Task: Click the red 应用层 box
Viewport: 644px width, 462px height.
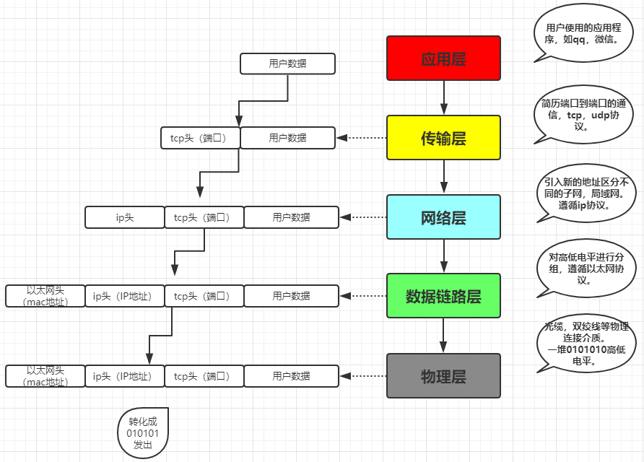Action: coord(443,58)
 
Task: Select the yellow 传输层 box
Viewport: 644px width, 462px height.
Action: coord(443,137)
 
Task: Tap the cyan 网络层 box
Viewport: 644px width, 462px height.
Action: coord(443,217)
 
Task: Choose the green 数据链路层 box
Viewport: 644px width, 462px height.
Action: coord(443,296)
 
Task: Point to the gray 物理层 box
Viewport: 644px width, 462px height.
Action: coord(443,375)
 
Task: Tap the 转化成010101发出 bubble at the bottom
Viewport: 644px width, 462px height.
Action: coord(143,432)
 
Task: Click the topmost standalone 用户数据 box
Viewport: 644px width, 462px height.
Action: coord(287,64)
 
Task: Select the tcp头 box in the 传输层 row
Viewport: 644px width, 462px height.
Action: coord(200,137)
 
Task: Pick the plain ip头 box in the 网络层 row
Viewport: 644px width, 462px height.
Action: coord(125,217)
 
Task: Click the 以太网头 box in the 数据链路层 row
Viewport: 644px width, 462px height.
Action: coord(45,296)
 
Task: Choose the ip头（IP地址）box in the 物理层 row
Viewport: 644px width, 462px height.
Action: coord(125,375)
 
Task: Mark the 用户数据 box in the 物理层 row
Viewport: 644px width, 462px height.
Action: coord(291,375)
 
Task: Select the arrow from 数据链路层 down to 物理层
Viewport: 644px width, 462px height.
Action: coord(443,335)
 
